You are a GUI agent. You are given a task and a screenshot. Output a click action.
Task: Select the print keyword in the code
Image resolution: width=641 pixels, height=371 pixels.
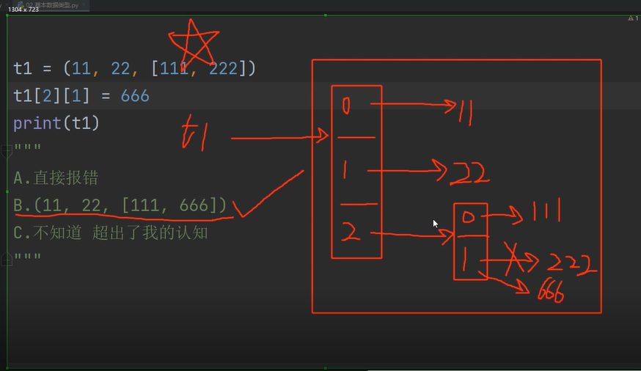[x=37, y=122]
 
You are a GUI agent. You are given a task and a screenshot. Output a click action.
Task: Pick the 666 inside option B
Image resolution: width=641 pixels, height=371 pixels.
[x=194, y=205]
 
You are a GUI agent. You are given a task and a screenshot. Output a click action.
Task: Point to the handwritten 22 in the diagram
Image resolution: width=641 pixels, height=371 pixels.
[x=469, y=173]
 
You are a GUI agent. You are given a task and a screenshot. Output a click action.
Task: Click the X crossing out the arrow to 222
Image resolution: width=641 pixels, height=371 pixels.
[x=513, y=258]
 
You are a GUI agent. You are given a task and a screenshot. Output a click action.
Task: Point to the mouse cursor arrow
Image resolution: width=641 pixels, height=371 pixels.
[x=435, y=224]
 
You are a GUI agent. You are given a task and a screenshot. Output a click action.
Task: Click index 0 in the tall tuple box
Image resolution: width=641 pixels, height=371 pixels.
[x=347, y=106]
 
